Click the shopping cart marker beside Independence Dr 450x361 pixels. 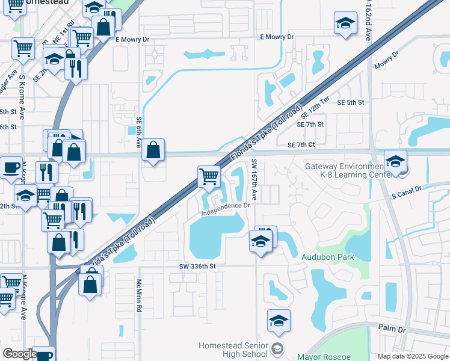[x=209, y=177]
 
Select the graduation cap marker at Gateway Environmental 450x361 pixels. [x=395, y=162]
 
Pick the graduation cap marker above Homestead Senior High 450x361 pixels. [x=279, y=321]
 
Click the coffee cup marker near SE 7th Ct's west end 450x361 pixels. [x=10, y=168]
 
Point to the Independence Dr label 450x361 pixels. [x=226, y=209]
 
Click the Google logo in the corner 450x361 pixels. [x=20, y=354]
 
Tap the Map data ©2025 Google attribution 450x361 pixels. [x=412, y=356]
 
